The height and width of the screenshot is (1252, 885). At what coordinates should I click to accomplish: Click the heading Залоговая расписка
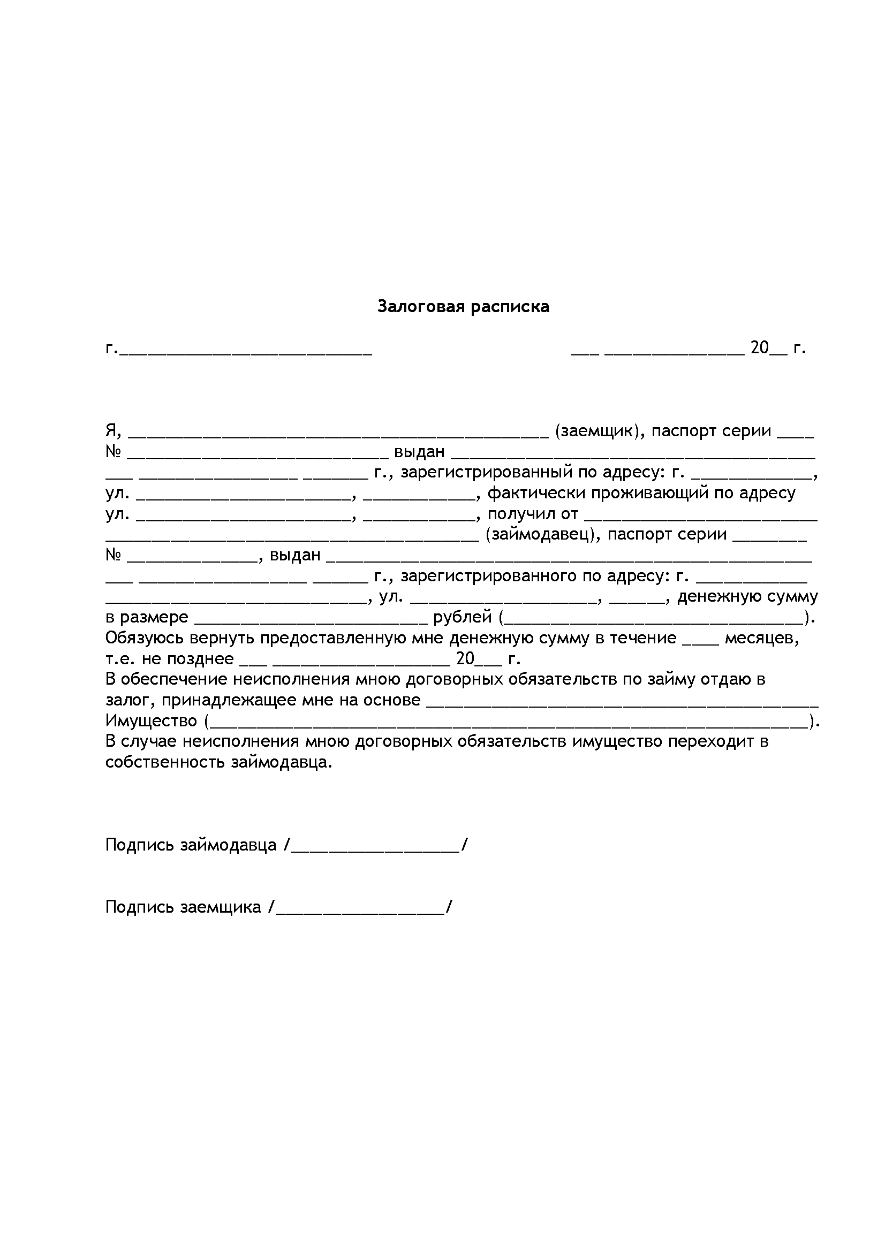pyautogui.click(x=463, y=307)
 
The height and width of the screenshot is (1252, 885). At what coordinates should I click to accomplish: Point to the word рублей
pyautogui.click(x=462, y=617)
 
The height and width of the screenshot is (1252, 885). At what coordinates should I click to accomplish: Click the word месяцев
pyautogui.click(x=762, y=638)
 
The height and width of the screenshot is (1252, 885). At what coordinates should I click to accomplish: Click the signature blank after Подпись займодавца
pyautogui.click(x=376, y=845)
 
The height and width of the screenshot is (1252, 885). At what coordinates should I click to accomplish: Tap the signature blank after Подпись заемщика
pyautogui.click(x=360, y=907)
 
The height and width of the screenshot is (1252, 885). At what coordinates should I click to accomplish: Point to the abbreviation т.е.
pyautogui.click(x=120, y=659)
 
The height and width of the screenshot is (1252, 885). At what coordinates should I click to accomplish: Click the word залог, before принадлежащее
pyautogui.click(x=131, y=700)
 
